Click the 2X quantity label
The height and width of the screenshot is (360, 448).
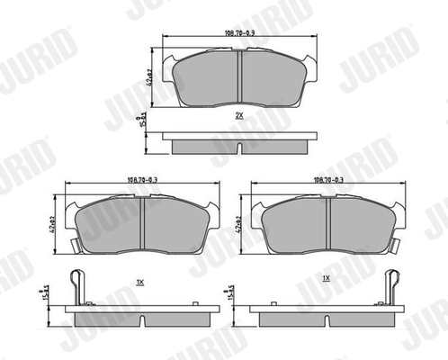238,116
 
